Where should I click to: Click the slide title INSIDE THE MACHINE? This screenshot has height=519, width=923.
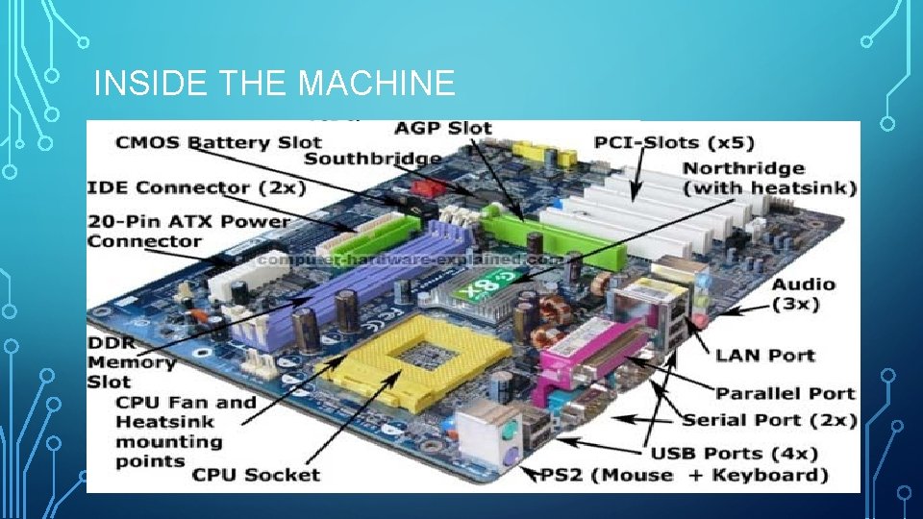pyautogui.click(x=274, y=85)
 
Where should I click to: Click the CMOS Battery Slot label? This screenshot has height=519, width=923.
pyautogui.click(x=206, y=143)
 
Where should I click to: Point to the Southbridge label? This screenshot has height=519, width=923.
pyautogui.click(x=374, y=159)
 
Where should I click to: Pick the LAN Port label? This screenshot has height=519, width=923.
pyautogui.click(x=764, y=356)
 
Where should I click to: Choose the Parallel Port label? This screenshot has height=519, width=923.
pyautogui.click(x=785, y=393)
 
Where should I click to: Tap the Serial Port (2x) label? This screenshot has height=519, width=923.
pyautogui.click(x=769, y=420)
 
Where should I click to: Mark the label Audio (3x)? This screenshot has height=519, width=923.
pyautogui.click(x=804, y=294)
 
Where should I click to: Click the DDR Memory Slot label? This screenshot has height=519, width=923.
pyautogui.click(x=132, y=361)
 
